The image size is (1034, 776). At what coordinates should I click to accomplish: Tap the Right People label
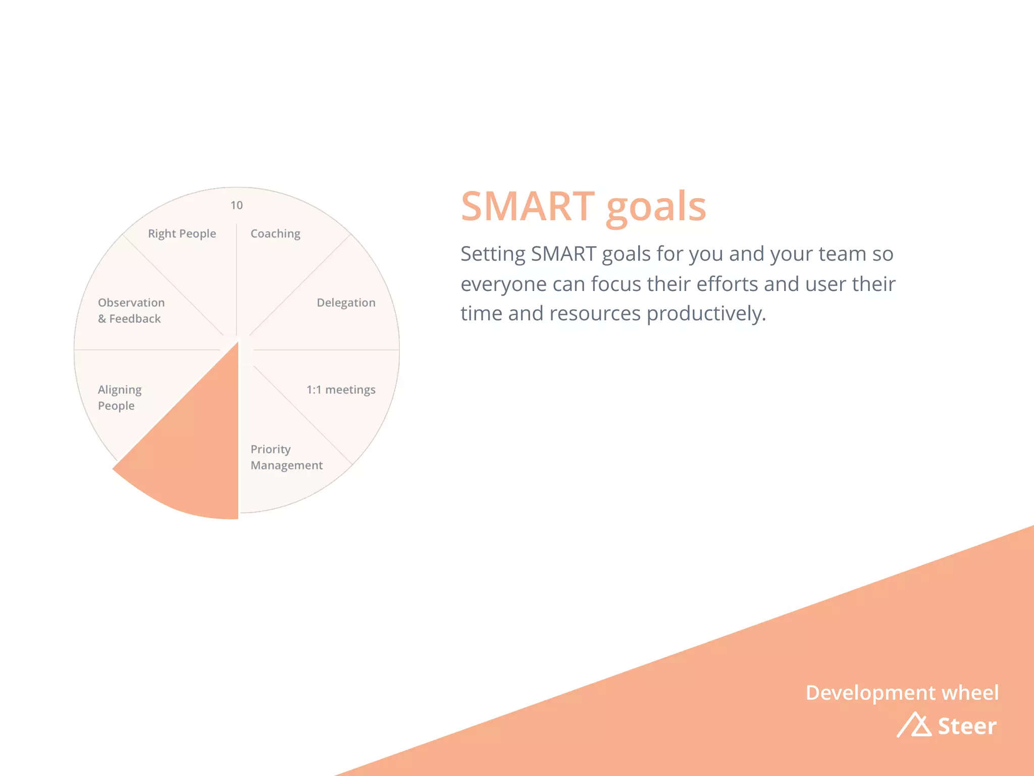(182, 234)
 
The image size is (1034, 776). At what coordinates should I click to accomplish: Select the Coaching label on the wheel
(275, 234)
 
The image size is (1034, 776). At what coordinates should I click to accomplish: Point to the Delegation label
(346, 303)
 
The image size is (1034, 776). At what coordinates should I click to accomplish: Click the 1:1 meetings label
(341, 390)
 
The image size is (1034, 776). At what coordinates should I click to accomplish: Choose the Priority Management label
(286, 457)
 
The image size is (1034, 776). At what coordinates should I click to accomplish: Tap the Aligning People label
(120, 398)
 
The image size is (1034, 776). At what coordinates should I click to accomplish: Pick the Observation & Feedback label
(131, 311)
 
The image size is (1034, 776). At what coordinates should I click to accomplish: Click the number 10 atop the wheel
(236, 206)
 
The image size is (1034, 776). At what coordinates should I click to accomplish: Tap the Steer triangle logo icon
(914, 725)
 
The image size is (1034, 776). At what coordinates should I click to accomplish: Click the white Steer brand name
(967, 726)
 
